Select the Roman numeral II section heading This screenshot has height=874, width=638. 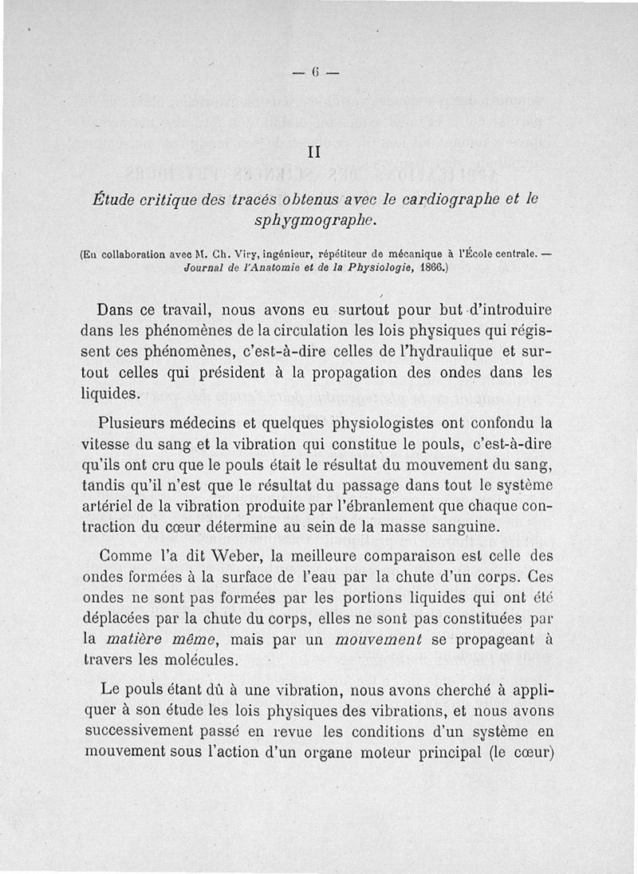click(314, 150)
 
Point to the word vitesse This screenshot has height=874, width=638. click(107, 444)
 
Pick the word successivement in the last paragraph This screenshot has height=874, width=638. click(144, 731)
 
